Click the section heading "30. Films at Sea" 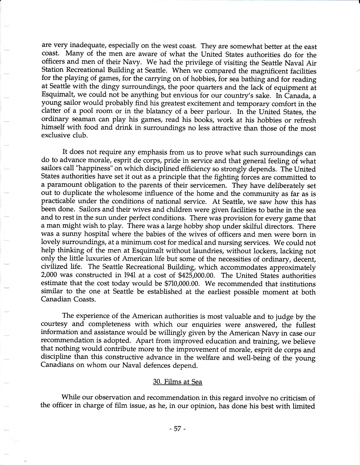(177, 382)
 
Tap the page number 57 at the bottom (178, 429)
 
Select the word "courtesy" (54, 325)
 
